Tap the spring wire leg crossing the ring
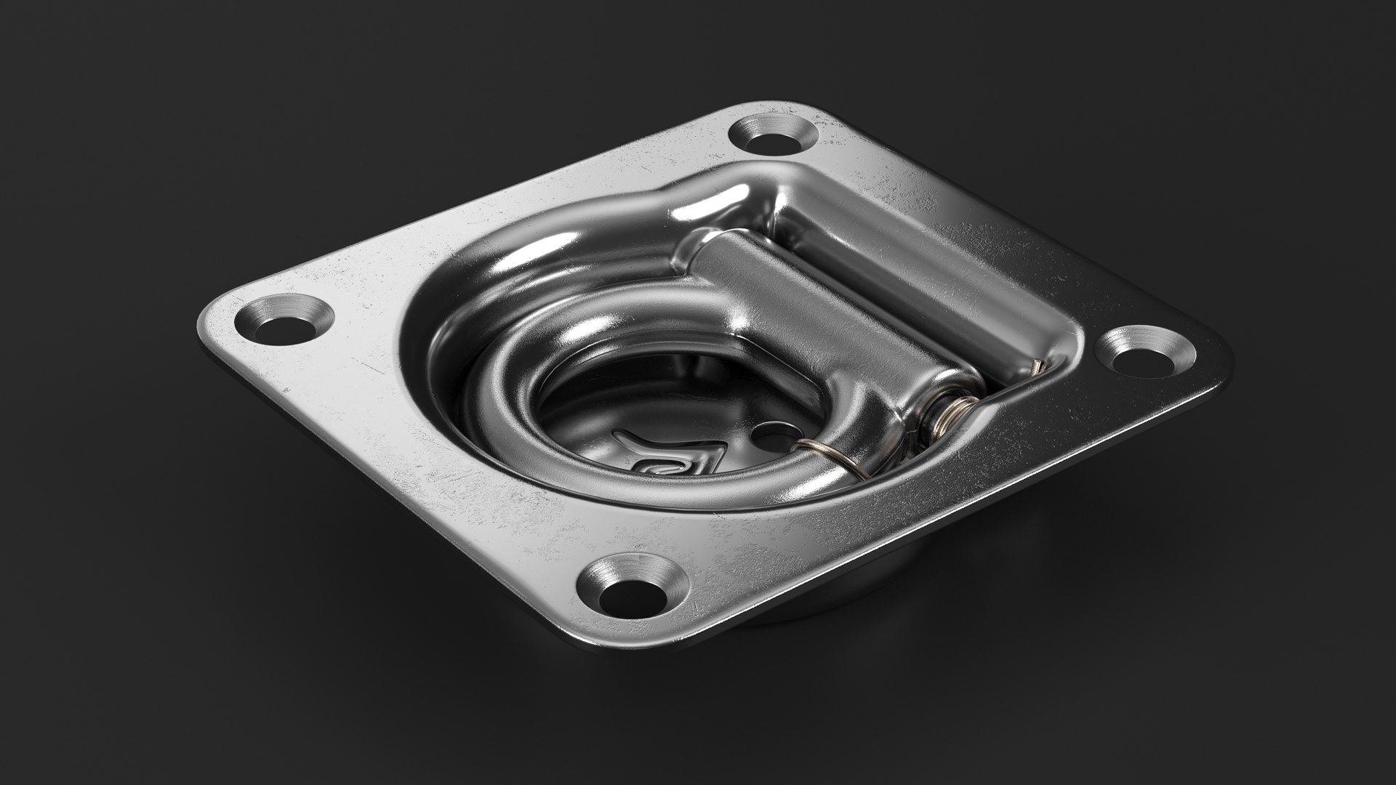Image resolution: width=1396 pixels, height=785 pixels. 836,454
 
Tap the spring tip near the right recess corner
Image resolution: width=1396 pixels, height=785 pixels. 1040,367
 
